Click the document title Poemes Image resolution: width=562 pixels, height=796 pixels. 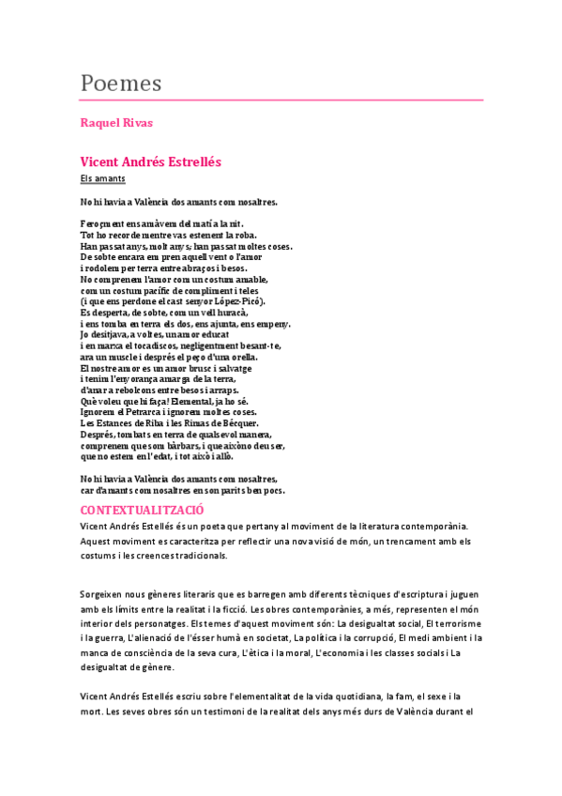(121, 83)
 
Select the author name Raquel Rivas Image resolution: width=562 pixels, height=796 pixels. (116, 123)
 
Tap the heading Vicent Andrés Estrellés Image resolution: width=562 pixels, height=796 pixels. (150, 161)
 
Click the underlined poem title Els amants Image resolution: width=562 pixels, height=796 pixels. (103, 178)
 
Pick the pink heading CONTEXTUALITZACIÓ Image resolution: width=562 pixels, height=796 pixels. (143, 509)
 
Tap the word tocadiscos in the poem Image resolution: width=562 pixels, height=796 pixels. (162, 345)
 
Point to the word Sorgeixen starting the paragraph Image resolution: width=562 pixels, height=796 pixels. (106, 594)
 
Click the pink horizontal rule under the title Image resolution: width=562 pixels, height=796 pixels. (281, 99)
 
